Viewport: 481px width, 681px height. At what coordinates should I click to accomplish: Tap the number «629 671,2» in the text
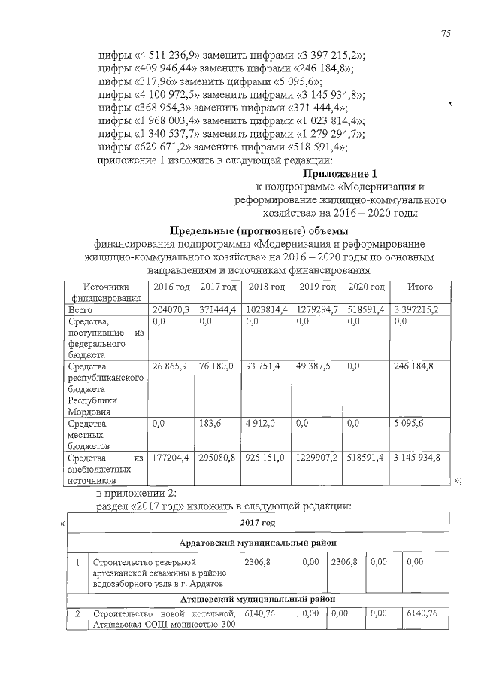(161, 147)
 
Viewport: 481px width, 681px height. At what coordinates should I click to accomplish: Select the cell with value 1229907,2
(316, 457)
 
